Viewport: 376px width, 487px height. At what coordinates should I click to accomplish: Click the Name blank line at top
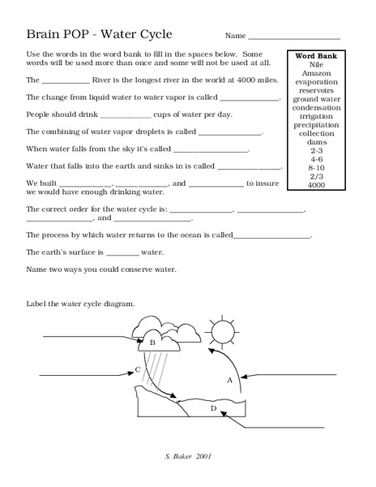pos(294,37)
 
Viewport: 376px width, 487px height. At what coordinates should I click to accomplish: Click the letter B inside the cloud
pos(152,343)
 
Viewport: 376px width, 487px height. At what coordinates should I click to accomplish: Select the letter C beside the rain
pos(138,370)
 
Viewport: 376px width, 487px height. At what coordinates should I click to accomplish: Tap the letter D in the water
pos(213,408)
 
